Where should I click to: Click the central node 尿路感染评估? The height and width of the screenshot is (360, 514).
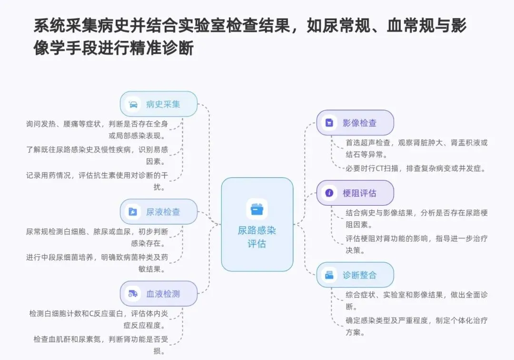coord(257,224)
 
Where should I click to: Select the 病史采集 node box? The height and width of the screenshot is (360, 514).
coord(158,104)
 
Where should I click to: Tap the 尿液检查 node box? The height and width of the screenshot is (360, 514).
coord(158,211)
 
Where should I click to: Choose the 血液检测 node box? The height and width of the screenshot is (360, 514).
coord(158,293)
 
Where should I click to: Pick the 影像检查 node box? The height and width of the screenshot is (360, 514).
coord(355,123)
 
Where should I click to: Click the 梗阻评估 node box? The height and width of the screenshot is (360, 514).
coord(355,193)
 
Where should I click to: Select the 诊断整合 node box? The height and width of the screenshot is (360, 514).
coord(355,275)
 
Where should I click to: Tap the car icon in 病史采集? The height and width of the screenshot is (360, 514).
coord(133,104)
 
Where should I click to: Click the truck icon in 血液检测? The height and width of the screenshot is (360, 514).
coord(133,294)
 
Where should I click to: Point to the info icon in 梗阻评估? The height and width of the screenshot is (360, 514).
coord(329,193)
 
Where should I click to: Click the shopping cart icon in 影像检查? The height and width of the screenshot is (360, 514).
coord(329,123)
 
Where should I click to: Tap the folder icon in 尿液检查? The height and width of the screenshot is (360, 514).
coord(133,212)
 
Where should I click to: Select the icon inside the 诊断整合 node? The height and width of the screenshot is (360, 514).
coord(329,275)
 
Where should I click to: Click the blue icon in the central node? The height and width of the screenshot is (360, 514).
coord(257,209)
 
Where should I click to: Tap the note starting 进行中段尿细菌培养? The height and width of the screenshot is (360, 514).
coord(97,263)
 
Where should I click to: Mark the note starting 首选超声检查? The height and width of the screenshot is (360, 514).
coord(416,148)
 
